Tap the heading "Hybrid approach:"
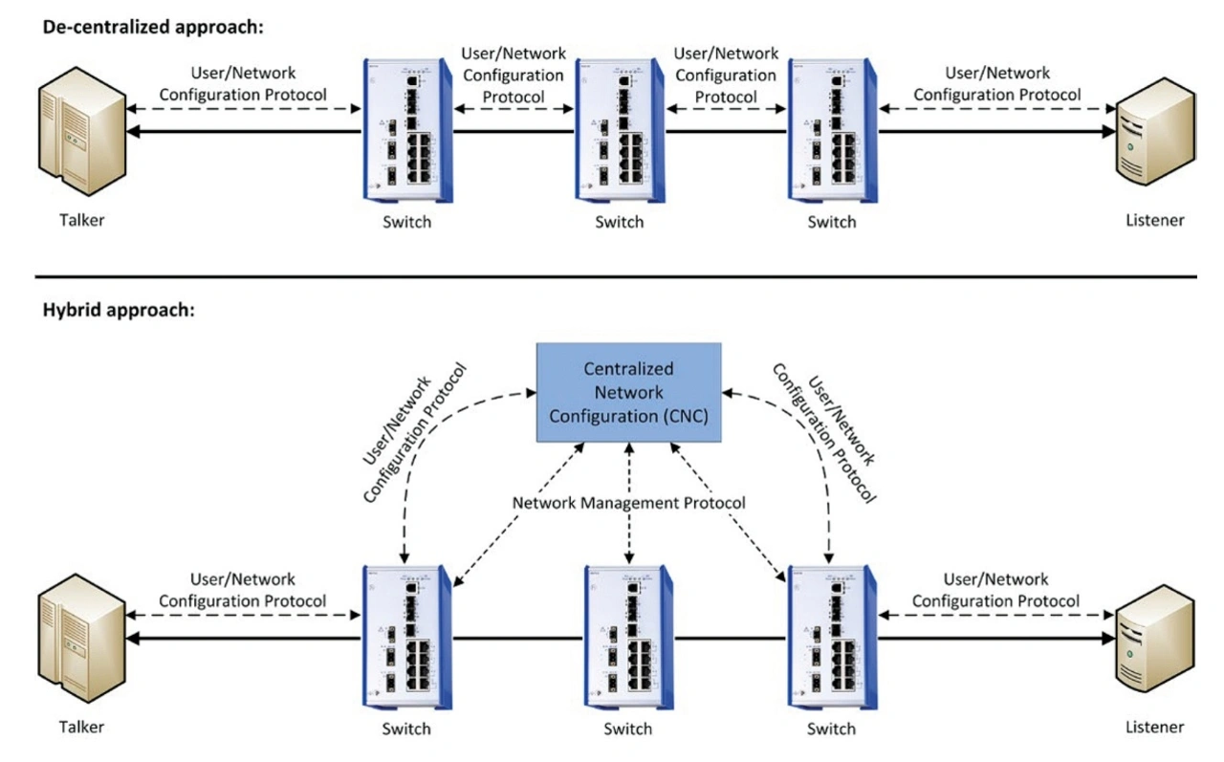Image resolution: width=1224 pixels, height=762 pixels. [119, 311]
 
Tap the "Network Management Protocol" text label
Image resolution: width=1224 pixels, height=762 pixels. [628, 503]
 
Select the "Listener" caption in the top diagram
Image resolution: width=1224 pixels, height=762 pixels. [1154, 221]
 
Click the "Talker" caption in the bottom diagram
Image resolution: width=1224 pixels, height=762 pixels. [80, 727]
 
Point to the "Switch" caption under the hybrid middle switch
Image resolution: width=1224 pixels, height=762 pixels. [628, 729]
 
